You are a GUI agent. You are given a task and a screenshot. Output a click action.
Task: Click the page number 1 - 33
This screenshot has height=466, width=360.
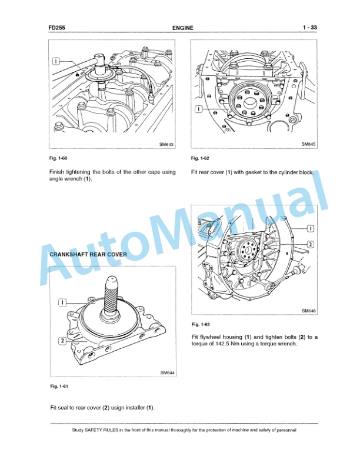click(310, 28)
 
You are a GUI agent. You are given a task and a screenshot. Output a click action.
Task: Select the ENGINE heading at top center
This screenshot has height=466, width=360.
click(183, 28)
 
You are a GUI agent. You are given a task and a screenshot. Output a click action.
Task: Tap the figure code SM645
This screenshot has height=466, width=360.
click(309, 144)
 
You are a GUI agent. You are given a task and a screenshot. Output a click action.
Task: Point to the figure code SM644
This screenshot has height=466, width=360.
click(167, 372)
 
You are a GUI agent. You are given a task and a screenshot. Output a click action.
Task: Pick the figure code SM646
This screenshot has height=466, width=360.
click(309, 311)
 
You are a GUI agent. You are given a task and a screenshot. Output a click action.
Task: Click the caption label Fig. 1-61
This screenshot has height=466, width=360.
click(59, 386)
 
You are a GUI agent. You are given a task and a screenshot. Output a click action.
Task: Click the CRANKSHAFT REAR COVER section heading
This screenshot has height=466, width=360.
click(88, 254)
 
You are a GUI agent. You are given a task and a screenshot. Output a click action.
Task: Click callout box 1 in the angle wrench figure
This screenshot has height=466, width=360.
click(56, 61)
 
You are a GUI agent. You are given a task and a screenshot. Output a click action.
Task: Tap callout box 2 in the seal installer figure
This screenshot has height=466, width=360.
click(62, 340)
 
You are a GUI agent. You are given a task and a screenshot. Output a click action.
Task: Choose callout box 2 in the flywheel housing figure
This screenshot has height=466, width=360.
click(311, 244)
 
